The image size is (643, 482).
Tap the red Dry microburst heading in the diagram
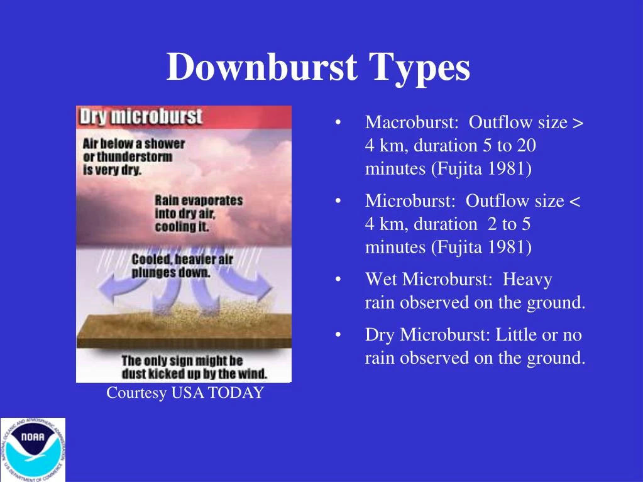[140, 117]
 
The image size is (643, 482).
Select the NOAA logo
[32, 449]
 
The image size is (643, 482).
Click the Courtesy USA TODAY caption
[185, 393]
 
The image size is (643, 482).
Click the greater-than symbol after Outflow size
[578, 123]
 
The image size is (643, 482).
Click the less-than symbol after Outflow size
[574, 201]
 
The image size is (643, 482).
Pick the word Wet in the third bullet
[381, 279]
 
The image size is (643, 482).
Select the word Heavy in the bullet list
[527, 279]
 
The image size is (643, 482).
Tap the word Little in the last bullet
[517, 334]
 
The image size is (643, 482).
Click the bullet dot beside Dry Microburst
[339, 335]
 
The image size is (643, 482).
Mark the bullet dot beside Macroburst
[339, 123]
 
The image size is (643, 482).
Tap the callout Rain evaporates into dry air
[199, 213]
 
